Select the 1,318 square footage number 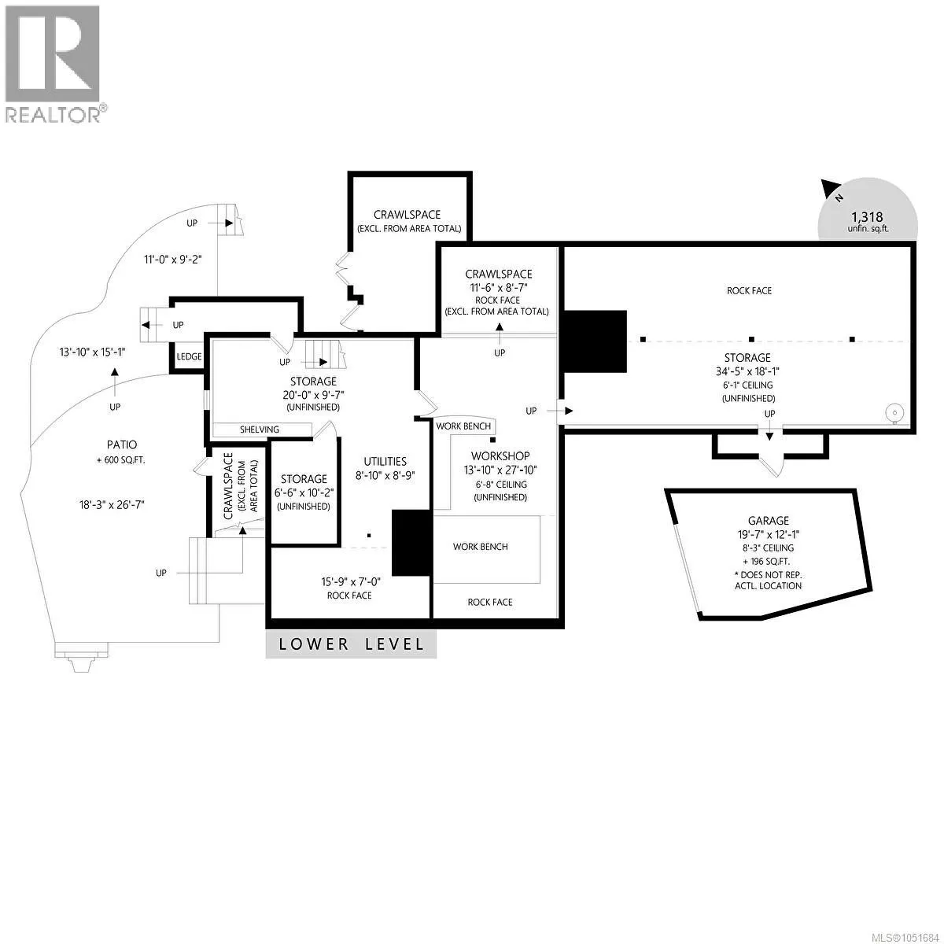[x=867, y=216]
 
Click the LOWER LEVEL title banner [x=351, y=643]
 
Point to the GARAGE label [x=768, y=521]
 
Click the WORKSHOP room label [x=500, y=456]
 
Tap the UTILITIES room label [x=385, y=462]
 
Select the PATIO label [x=122, y=444]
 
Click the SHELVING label [x=259, y=430]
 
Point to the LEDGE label [x=189, y=356]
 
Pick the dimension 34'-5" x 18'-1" [x=747, y=372]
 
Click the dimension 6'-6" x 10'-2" [x=304, y=492]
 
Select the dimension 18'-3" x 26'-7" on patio [x=112, y=504]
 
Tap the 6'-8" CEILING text [x=501, y=485]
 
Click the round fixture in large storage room [x=895, y=413]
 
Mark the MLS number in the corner [x=898, y=937]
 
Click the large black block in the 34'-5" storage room [x=594, y=341]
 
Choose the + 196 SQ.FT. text [x=767, y=562]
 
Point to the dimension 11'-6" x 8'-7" [x=499, y=288]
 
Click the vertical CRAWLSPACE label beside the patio [x=228, y=486]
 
